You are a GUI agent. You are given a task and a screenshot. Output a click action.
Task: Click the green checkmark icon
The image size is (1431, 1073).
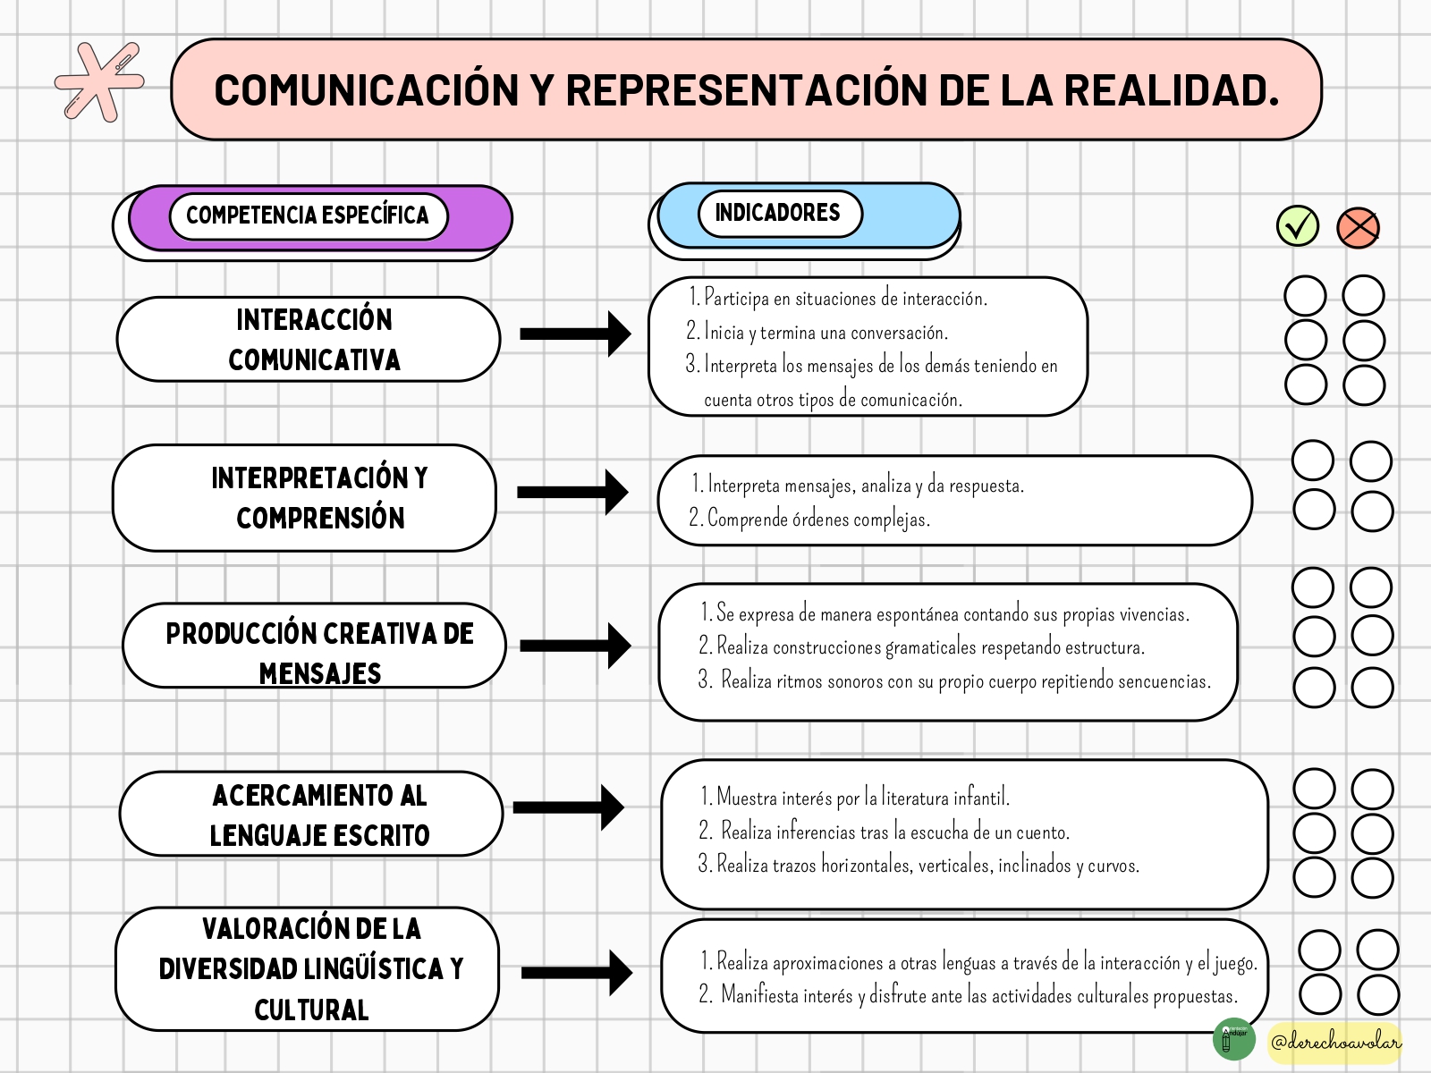[x=1298, y=227]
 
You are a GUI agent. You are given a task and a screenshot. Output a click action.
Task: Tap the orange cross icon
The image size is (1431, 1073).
[x=1358, y=228]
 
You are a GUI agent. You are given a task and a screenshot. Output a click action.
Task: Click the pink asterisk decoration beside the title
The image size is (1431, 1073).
[x=99, y=82]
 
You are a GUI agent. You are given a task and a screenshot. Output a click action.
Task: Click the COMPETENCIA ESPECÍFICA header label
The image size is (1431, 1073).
[x=308, y=215]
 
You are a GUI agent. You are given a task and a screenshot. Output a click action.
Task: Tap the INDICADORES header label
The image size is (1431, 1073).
[x=778, y=213]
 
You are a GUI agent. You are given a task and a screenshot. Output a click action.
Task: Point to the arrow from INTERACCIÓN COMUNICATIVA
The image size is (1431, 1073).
[x=576, y=334]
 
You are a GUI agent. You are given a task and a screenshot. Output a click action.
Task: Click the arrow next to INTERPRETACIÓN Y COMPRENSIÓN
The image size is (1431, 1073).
[x=573, y=492]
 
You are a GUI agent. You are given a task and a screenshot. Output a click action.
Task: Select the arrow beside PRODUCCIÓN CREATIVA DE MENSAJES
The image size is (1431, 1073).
[x=576, y=646]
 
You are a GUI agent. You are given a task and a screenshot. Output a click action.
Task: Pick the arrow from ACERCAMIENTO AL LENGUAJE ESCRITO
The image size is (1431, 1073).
[x=569, y=807]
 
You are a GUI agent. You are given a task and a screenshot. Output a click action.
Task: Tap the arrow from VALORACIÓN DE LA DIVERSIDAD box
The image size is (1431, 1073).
[x=577, y=973]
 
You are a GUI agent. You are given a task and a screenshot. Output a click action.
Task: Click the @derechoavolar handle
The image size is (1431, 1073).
[x=1336, y=1043]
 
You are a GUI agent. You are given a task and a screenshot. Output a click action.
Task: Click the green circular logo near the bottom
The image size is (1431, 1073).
[x=1234, y=1038]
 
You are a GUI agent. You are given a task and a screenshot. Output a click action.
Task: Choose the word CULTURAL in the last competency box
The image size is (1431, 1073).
[x=311, y=1010]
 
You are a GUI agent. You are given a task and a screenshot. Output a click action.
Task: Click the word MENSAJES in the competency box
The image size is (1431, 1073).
[x=320, y=673]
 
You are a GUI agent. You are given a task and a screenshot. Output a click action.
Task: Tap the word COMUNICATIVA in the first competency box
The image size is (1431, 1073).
[x=314, y=360]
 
